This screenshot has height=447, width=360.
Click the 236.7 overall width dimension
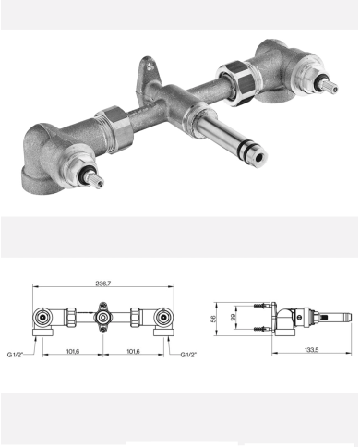(102, 284)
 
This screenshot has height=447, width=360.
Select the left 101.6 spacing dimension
(73, 351)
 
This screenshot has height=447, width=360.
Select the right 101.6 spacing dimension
(133, 351)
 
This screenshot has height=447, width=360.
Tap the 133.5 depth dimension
(311, 350)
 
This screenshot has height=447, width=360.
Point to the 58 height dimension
(213, 319)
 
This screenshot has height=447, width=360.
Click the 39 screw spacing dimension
(234, 318)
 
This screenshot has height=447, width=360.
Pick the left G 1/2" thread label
(15, 355)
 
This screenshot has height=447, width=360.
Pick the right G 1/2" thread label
(188, 355)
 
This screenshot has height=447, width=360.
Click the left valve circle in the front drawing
(42, 317)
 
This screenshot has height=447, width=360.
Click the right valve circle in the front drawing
(163, 317)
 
